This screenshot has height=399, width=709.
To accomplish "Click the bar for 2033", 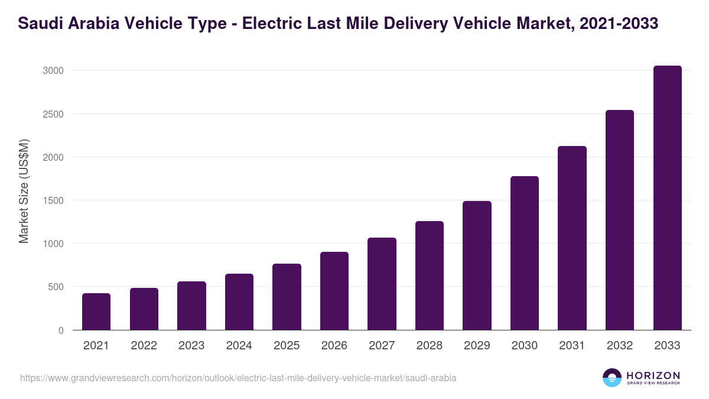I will (667, 198).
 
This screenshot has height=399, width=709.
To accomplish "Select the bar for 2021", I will (96, 312).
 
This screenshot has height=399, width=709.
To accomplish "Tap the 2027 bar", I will (382, 284).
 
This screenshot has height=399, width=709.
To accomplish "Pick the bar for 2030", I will (525, 253).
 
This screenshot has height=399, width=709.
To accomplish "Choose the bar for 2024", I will (239, 301).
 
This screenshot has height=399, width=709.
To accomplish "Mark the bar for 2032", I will (620, 220).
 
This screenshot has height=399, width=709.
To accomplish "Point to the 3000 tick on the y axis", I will (53, 71).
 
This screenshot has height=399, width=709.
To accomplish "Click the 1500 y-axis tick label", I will (53, 200).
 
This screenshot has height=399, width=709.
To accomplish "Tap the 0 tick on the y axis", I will (61, 330).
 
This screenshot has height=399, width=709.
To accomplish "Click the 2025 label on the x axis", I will (287, 346).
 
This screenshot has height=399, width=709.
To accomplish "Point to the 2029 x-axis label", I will (477, 346).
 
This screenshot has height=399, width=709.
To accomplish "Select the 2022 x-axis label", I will (144, 346).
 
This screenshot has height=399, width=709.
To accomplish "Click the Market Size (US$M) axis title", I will (24, 192).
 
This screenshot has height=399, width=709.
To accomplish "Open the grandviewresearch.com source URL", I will (238, 378).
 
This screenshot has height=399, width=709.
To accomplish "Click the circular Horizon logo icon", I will (612, 378).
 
